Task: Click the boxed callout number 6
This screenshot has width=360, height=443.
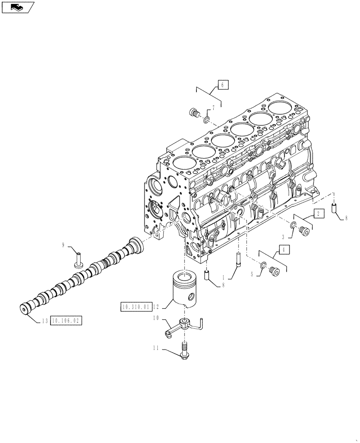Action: (223, 84)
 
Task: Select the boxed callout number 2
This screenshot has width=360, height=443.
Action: (319, 213)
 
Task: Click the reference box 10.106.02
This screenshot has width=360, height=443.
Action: (67, 320)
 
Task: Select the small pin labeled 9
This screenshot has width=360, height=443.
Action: (78, 260)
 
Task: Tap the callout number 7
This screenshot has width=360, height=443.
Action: (213, 108)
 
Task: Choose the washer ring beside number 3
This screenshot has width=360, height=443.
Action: (292, 226)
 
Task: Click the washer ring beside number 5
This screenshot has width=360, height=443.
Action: (263, 266)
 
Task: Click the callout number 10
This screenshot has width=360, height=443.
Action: (156, 318)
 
